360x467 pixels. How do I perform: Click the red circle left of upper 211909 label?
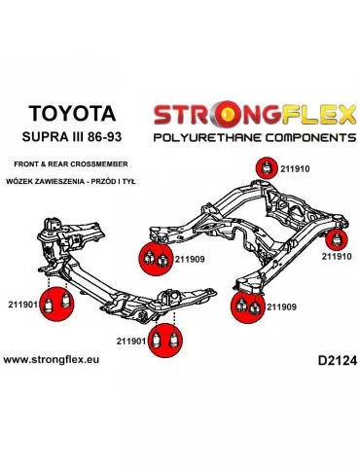point(156,259)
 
